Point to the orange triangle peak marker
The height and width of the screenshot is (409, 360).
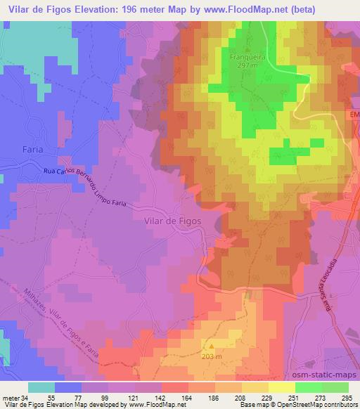(x=211, y=345)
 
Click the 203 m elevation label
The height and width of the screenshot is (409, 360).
(x=211, y=356)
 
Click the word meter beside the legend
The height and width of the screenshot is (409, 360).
(x=10, y=398)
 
